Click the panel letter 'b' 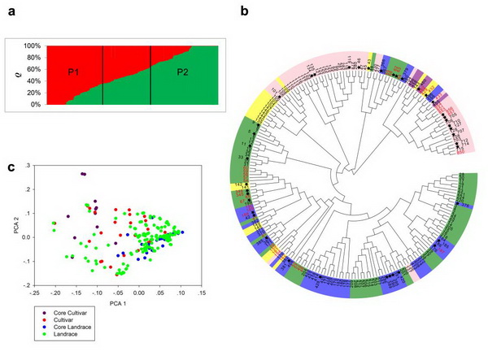point(245,11)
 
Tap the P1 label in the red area point(75,72)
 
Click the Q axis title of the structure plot point(9,76)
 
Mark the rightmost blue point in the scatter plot point(183,232)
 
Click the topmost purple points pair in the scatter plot point(83,174)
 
